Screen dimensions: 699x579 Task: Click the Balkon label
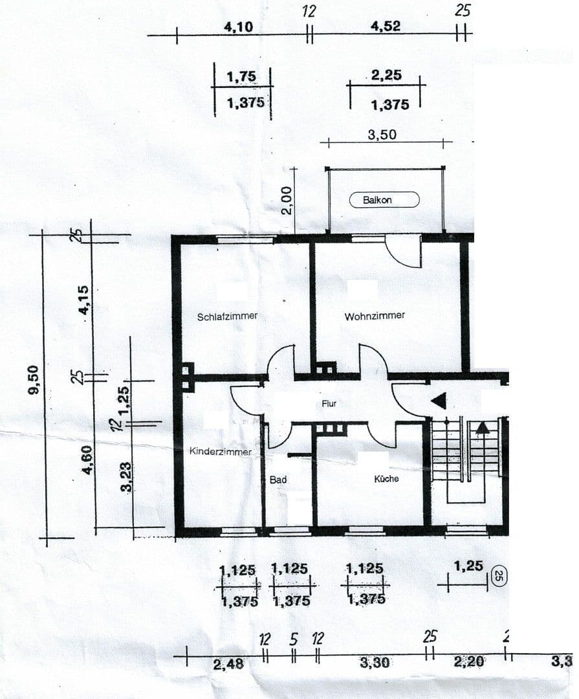384,201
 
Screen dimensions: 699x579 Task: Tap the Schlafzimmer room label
227,316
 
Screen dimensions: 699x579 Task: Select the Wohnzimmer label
375,316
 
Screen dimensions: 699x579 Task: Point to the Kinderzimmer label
220,452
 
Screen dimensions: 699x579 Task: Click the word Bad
278,480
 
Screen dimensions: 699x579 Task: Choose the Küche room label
386,479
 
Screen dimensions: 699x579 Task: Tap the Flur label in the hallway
329,403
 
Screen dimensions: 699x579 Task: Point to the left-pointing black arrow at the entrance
439,401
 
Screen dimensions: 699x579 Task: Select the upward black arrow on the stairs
483,427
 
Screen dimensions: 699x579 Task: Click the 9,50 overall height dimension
34,380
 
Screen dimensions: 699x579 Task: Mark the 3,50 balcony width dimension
382,135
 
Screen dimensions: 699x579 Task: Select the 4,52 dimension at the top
385,26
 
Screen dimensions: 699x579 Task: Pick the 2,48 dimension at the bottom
229,663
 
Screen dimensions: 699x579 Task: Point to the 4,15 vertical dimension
84,300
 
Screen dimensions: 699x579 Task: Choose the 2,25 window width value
386,75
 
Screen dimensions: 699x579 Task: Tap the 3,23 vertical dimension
127,476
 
